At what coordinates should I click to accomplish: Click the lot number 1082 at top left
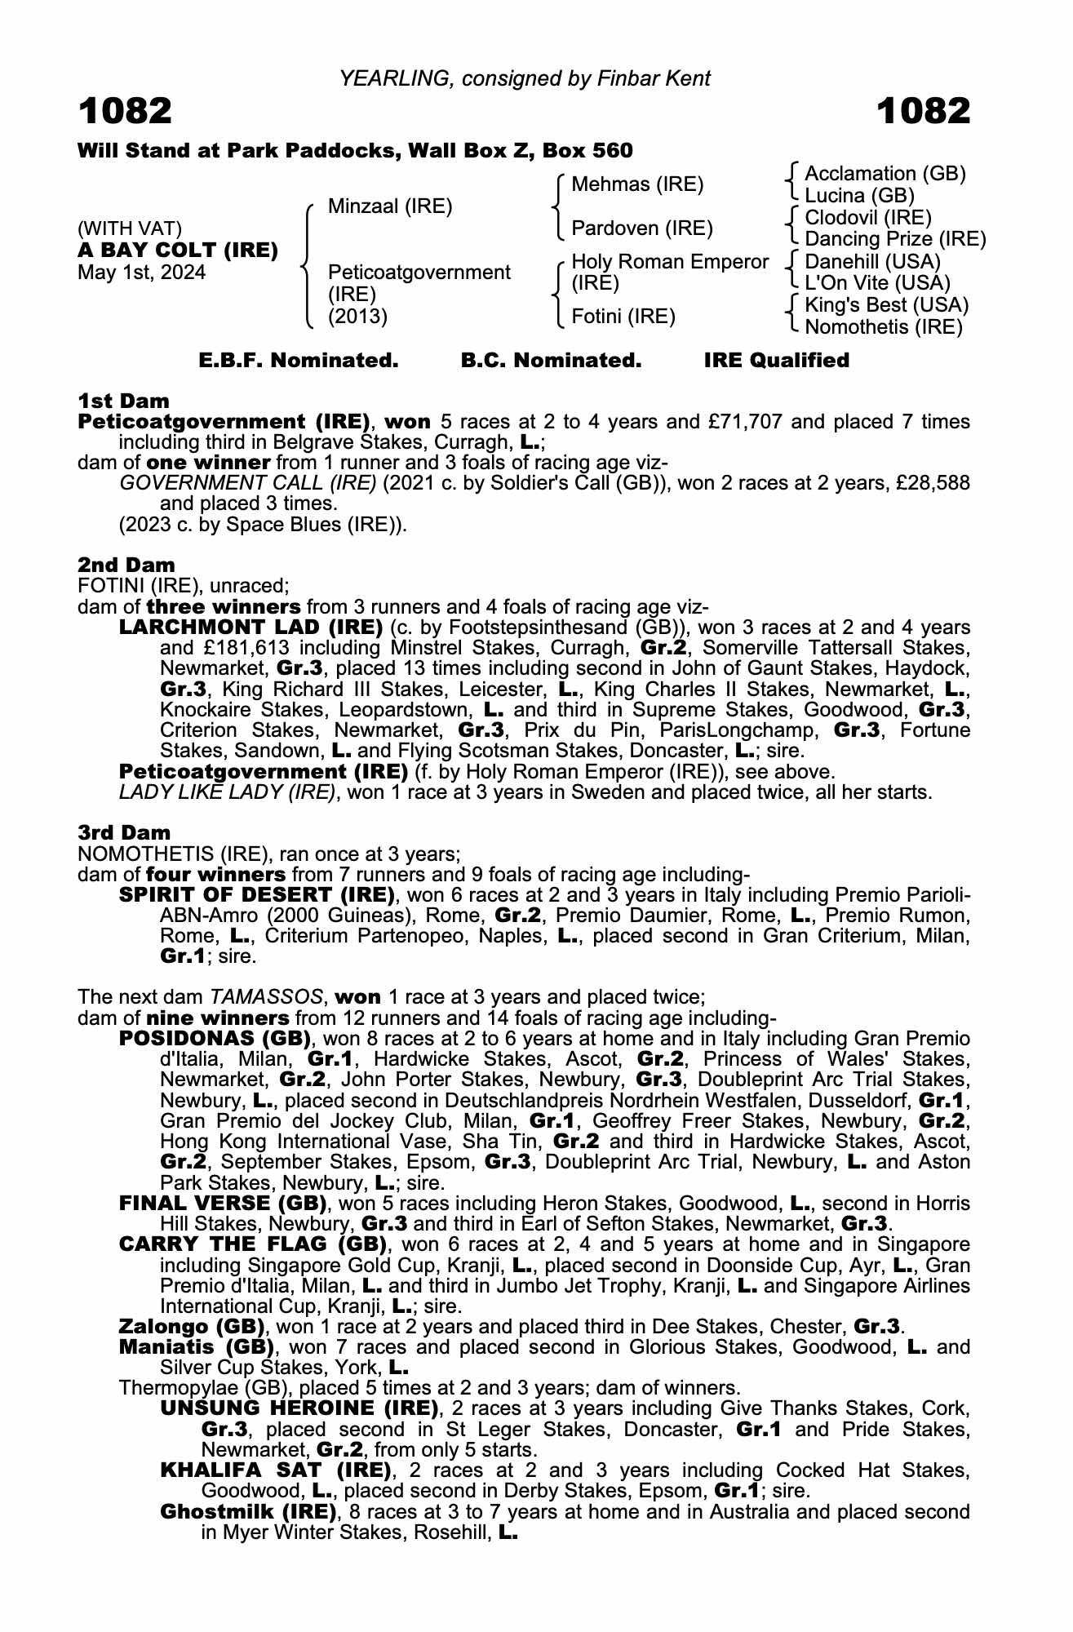tap(125, 112)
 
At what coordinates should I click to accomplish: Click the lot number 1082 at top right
tap(924, 112)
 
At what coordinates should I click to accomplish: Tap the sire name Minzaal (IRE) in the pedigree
tap(389, 206)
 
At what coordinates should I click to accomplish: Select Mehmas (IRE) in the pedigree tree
tap(637, 184)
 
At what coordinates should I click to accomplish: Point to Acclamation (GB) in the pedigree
tap(885, 174)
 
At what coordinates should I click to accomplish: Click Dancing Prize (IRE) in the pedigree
tap(895, 239)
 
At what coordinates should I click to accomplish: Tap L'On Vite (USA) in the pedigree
tap(877, 283)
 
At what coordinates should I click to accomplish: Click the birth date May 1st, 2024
tap(141, 273)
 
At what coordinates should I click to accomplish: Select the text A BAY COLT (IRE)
tap(178, 251)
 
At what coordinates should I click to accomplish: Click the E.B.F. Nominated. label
tap(299, 361)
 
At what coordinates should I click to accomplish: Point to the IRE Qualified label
tap(776, 361)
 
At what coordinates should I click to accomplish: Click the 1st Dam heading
tap(123, 401)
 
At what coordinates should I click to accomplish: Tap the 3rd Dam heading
tap(124, 832)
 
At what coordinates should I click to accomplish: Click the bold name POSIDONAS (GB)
tap(216, 1039)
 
